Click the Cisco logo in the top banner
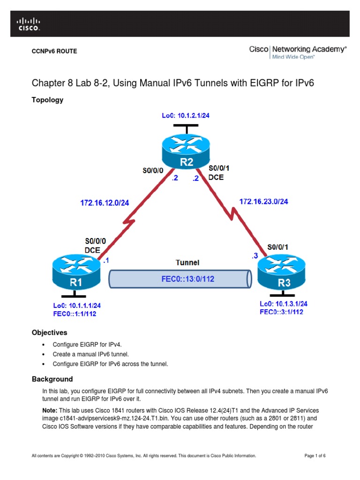pyautogui.click(x=29, y=24)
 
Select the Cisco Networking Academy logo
pyautogui.click(x=298, y=52)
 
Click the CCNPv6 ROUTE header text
pyautogui.click(x=54, y=51)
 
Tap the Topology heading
pyautogui.click(x=47, y=100)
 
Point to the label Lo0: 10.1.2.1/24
pyautogui.click(x=186, y=115)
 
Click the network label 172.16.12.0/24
pyautogui.click(x=105, y=202)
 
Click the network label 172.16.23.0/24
pyautogui.click(x=264, y=201)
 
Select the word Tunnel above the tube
pyautogui.click(x=187, y=262)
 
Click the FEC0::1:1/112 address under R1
pyautogui.click(x=75, y=314)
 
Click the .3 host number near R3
pyautogui.click(x=255, y=255)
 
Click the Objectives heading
pyautogui.click(x=50, y=332)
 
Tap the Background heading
pyautogui.click(x=52, y=379)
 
